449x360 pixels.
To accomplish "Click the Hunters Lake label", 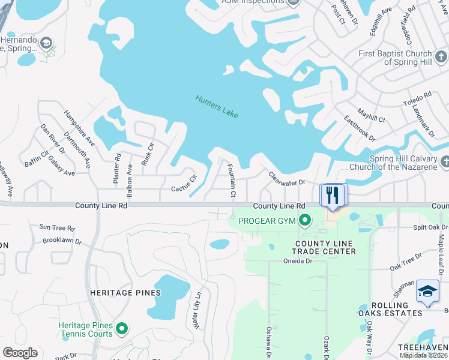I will coord(217,107).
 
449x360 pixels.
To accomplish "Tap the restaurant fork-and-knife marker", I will coord(331,194).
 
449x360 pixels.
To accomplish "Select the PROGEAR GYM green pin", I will coord(305,221).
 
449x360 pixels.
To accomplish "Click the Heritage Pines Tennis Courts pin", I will coord(122,328).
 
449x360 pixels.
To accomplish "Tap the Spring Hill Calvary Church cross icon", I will coord(445,161).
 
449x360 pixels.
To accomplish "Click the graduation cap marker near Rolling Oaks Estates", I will coord(427,292).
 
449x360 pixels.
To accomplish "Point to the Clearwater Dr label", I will coord(287,178).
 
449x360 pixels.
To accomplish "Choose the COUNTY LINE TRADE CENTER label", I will coord(325,247).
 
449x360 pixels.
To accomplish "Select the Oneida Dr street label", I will coord(298,261).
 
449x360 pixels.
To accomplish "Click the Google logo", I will coord(20,353).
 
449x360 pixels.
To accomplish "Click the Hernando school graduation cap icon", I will coord(46,43).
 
